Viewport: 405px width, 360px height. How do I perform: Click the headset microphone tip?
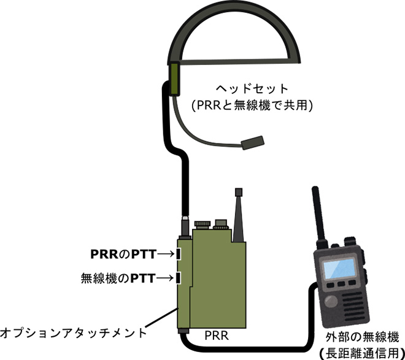(x=253, y=142)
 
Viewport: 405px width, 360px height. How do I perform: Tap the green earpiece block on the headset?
(x=174, y=79)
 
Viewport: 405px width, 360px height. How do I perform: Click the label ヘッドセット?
(x=252, y=89)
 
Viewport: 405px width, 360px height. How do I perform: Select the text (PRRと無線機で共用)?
(x=252, y=105)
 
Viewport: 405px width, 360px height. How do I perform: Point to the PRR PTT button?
(x=178, y=254)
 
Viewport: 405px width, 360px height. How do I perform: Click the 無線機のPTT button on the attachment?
(x=178, y=278)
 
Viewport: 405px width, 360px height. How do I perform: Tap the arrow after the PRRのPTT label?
(x=165, y=254)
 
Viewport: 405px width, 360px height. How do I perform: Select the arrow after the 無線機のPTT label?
(x=164, y=278)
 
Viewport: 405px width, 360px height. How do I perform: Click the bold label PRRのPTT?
(x=123, y=254)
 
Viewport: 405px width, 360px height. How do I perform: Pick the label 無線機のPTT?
(x=118, y=278)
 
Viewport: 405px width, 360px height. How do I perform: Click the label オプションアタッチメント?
(x=73, y=333)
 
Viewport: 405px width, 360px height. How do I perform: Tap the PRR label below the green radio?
(x=217, y=335)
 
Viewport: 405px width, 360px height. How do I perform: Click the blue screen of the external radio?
(x=339, y=269)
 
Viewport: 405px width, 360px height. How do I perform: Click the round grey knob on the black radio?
(x=331, y=301)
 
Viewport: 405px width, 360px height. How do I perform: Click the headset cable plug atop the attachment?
(x=185, y=227)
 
